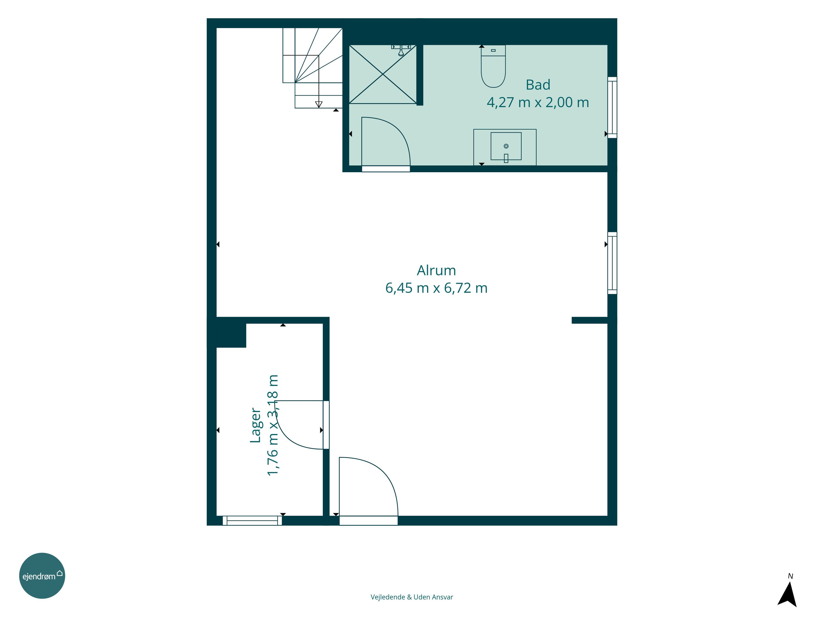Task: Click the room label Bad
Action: point(538,85)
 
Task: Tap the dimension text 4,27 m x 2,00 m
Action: point(538,102)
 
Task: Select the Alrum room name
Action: point(436,271)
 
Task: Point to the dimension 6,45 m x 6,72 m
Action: point(436,288)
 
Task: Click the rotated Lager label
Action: point(255,425)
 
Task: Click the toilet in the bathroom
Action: point(493,66)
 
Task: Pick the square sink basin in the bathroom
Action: point(506,146)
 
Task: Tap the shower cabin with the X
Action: point(383,74)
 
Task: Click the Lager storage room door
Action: point(302,425)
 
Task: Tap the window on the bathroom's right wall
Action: point(612,107)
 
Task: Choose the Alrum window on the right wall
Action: point(612,263)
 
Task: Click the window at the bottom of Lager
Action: point(252,520)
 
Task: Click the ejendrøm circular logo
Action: point(42,575)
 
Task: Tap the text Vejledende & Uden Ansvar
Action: point(412,597)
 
